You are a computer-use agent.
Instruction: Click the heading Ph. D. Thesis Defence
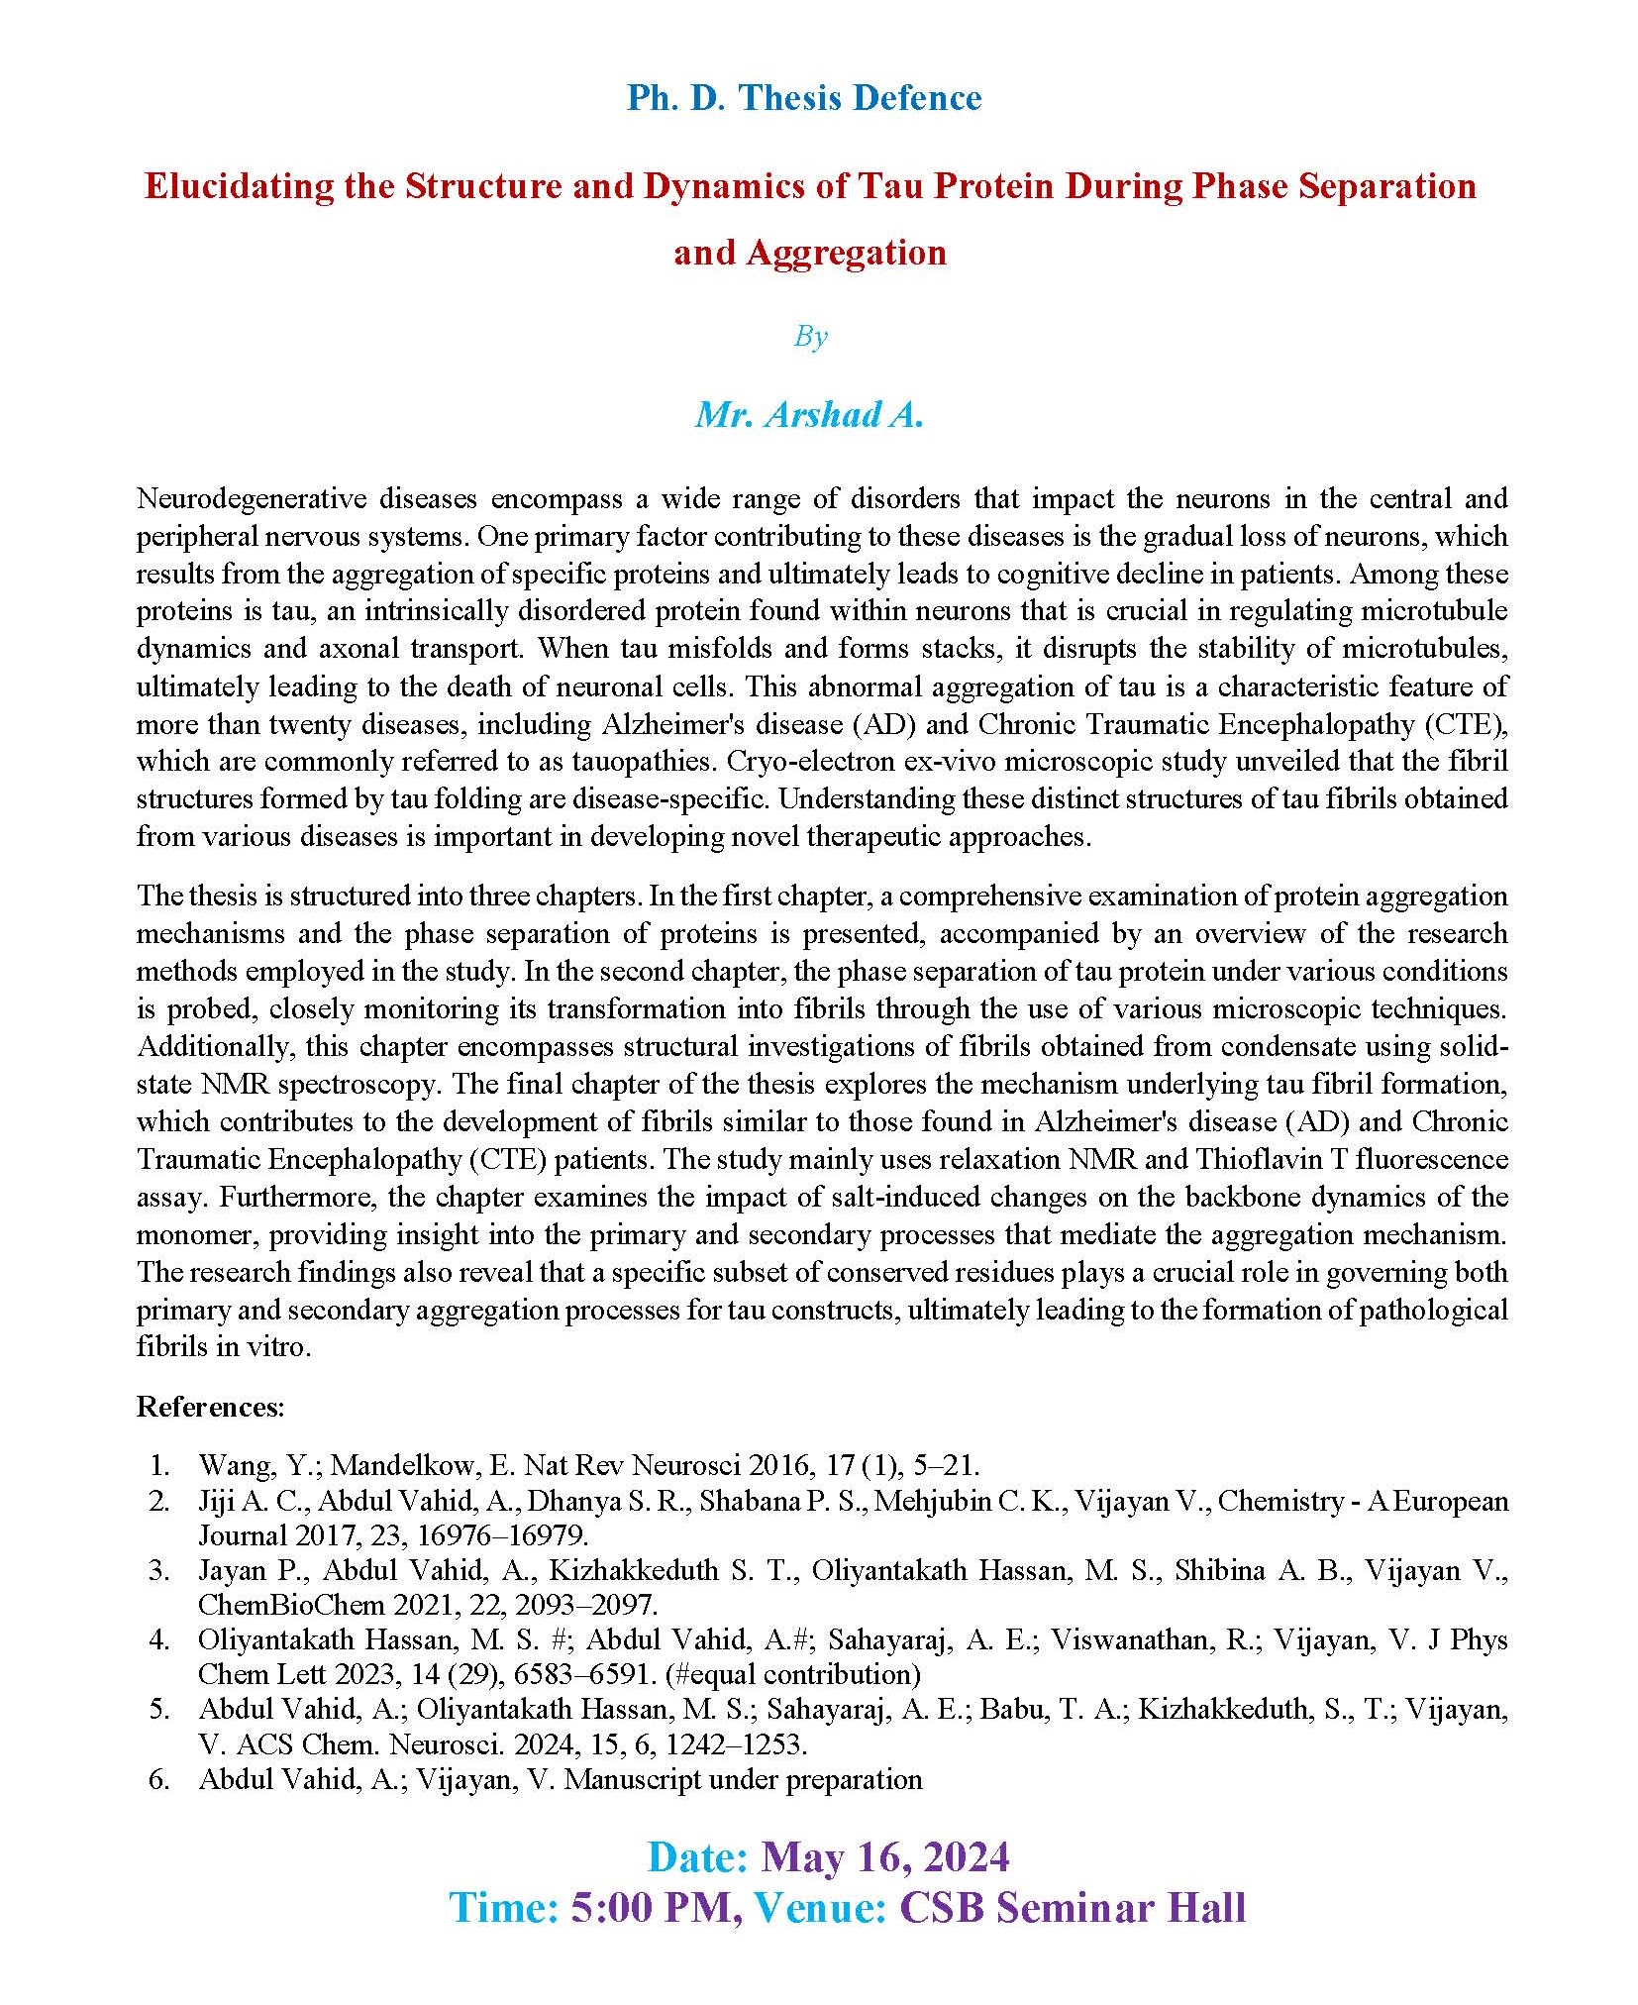pyautogui.click(x=803, y=98)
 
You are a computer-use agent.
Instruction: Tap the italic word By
pyautogui.click(x=810, y=337)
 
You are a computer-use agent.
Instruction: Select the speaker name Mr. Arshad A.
pyautogui.click(x=809, y=414)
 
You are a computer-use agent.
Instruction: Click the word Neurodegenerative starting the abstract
pyautogui.click(x=256, y=498)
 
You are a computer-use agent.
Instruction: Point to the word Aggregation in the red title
pyautogui.click(x=846, y=253)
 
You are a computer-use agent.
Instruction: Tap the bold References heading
pyautogui.click(x=210, y=1407)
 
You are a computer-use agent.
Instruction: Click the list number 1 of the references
pyautogui.click(x=159, y=1465)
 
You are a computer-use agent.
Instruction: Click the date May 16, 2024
pyautogui.click(x=885, y=1857)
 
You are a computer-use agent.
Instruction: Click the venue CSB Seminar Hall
pyautogui.click(x=1072, y=1908)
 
